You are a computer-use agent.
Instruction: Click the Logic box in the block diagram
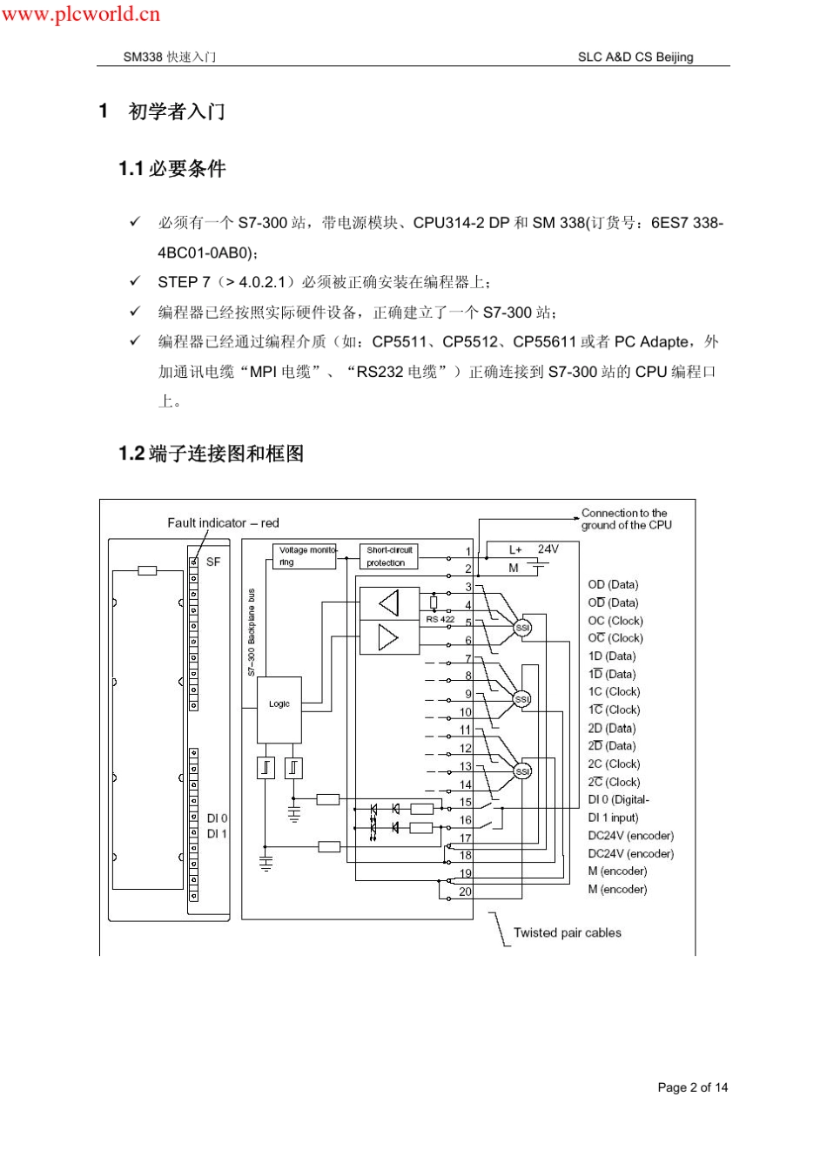[279, 704]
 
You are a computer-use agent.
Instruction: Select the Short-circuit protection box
[388, 556]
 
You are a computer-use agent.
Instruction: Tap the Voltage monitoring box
[305, 556]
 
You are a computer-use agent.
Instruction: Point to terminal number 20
[466, 892]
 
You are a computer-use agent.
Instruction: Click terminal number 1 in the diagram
[468, 551]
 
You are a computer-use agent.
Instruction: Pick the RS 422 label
[440, 619]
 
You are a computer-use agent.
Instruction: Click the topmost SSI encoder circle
[522, 628]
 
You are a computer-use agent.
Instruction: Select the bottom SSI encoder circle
[522, 771]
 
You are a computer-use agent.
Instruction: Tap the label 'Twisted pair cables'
[568, 932]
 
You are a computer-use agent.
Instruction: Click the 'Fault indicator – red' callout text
[223, 523]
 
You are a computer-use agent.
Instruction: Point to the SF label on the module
[213, 562]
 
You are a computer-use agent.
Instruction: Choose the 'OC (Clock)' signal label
[615, 621]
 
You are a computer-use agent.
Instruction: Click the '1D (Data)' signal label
[612, 656]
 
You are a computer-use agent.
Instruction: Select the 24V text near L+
[548, 549]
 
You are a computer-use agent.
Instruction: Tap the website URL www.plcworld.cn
[81, 14]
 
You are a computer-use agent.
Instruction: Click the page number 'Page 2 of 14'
[693, 1087]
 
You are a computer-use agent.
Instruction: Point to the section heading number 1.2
[131, 454]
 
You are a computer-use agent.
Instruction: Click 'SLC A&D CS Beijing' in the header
[635, 57]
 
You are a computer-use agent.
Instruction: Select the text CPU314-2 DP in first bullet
[461, 223]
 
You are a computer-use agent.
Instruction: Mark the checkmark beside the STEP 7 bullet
[135, 281]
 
